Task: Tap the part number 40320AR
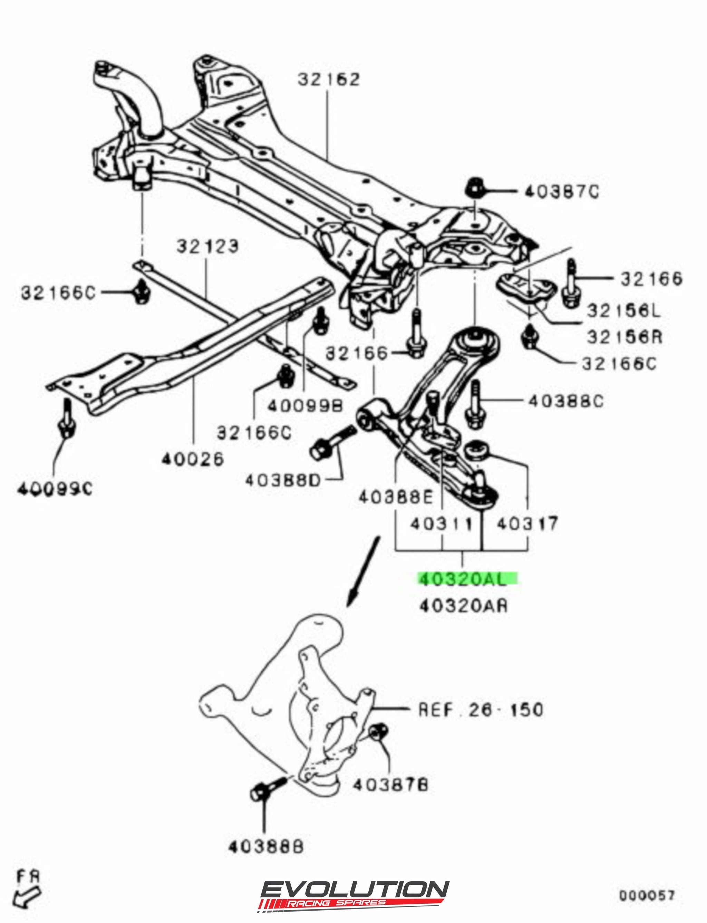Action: click(463, 606)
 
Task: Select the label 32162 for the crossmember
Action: click(329, 79)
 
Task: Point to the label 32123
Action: click(207, 246)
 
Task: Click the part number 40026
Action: click(192, 460)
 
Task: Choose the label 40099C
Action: click(55, 490)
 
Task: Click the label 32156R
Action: click(624, 337)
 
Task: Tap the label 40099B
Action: click(305, 405)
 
